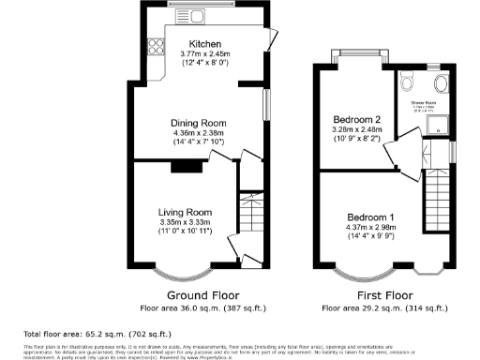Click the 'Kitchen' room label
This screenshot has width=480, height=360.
pyautogui.click(x=205, y=44)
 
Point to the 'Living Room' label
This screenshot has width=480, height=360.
pyautogui.click(x=182, y=212)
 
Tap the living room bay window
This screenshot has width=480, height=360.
pyautogui.click(x=184, y=272)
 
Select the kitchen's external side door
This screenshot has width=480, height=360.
pyautogui.click(x=272, y=41)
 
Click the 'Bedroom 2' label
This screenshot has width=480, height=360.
pyautogui.click(x=356, y=119)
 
